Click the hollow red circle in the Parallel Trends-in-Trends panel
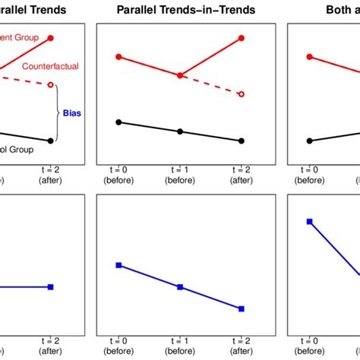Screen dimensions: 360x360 [242, 94]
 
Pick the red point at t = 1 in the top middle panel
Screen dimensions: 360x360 [180, 75]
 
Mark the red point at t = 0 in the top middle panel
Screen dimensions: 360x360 [118, 57]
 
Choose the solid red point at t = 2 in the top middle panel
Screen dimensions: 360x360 [242, 37]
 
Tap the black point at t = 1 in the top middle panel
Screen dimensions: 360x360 [180, 131]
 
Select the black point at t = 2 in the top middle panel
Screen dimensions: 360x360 [242, 141]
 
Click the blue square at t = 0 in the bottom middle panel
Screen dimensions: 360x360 [118, 265]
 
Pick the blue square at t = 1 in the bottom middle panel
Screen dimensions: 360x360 [180, 286]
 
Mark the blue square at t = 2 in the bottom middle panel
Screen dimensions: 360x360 [242, 308]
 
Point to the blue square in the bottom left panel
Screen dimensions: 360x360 [51, 286]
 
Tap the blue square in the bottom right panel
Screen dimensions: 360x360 [309, 221]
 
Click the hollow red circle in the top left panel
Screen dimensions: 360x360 [51, 85]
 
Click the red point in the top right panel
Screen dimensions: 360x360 [309, 57]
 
